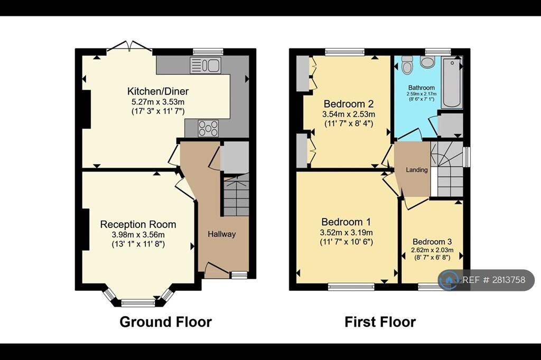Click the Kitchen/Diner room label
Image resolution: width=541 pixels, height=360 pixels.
158,91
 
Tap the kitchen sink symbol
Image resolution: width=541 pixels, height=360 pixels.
206,65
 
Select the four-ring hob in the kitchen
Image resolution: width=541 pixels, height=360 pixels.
208,128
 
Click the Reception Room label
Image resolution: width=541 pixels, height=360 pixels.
138,224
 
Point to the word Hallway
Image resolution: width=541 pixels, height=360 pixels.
221,234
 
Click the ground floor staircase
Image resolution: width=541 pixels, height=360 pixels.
236,195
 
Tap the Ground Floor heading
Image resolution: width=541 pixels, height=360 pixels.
165,321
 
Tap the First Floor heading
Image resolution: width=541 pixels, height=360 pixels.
380,321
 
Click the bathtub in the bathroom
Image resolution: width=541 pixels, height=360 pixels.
452,83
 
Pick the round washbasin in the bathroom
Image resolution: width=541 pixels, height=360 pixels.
428,62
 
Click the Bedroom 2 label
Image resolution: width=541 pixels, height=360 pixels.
349,104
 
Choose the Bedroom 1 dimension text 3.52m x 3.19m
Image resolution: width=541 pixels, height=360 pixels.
347,232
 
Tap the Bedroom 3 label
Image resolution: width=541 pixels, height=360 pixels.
432,242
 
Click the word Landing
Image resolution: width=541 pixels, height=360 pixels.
417,169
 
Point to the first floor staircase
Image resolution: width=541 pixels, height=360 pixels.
447,169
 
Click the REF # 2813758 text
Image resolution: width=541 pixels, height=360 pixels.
494,280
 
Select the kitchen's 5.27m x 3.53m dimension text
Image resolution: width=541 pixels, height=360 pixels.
158,102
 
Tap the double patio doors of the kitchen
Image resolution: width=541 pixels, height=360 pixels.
129,47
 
